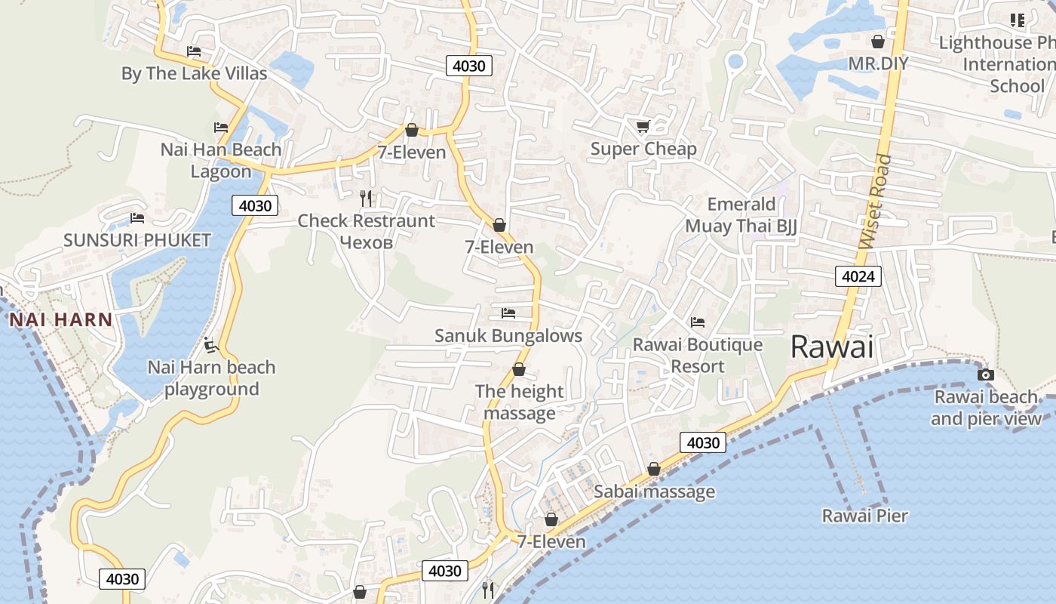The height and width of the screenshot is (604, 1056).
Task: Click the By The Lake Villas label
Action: click(x=194, y=73)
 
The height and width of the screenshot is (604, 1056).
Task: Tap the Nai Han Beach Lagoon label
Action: click(x=220, y=160)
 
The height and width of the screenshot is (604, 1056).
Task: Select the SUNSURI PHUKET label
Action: click(x=137, y=240)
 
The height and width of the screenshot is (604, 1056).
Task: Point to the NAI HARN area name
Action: click(x=60, y=319)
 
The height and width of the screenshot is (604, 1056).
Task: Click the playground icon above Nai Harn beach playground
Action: click(x=210, y=346)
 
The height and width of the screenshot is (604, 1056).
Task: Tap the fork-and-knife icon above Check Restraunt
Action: click(x=366, y=199)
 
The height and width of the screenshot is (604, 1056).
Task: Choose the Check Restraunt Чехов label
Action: click(x=366, y=231)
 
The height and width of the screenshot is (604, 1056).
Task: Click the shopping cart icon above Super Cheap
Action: click(x=643, y=127)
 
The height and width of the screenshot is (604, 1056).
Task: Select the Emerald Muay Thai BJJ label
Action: click(x=741, y=215)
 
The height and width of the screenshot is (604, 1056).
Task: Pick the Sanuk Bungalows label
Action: click(x=508, y=335)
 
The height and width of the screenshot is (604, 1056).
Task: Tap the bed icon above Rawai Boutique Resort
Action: click(x=698, y=322)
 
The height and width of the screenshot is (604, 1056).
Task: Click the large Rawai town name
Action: click(x=832, y=347)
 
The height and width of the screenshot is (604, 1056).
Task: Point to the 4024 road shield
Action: click(x=858, y=276)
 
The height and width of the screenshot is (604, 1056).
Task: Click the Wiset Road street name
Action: click(x=875, y=202)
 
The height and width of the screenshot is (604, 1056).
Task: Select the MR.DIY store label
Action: click(x=878, y=63)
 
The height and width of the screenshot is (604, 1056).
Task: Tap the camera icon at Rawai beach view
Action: click(x=985, y=374)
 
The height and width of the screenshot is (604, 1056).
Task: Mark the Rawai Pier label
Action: click(x=864, y=516)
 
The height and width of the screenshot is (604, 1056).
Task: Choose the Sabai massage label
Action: click(x=654, y=492)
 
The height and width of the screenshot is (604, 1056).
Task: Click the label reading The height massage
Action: click(x=519, y=402)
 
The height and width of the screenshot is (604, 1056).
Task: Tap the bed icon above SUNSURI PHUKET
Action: click(x=137, y=218)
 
